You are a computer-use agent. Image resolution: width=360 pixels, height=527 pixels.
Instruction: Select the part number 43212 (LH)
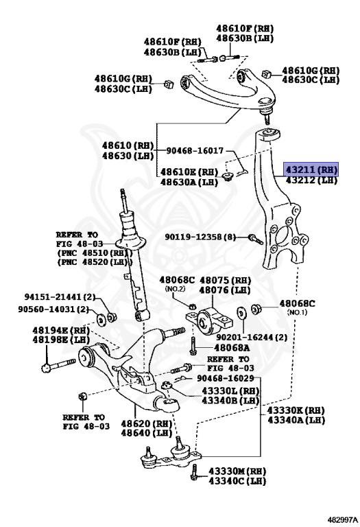coord(311,180)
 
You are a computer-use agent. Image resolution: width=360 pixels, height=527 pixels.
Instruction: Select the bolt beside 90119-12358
coord(256,238)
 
